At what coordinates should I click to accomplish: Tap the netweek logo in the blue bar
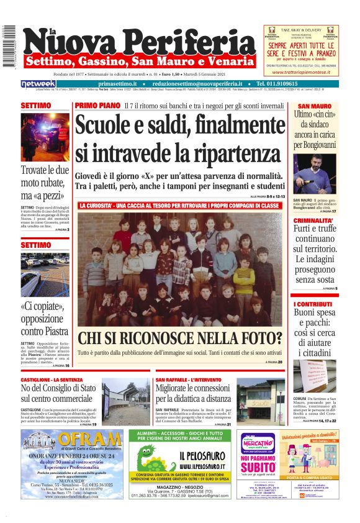(x=38, y=84)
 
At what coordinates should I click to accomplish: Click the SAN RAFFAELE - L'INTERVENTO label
(x=186, y=379)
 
